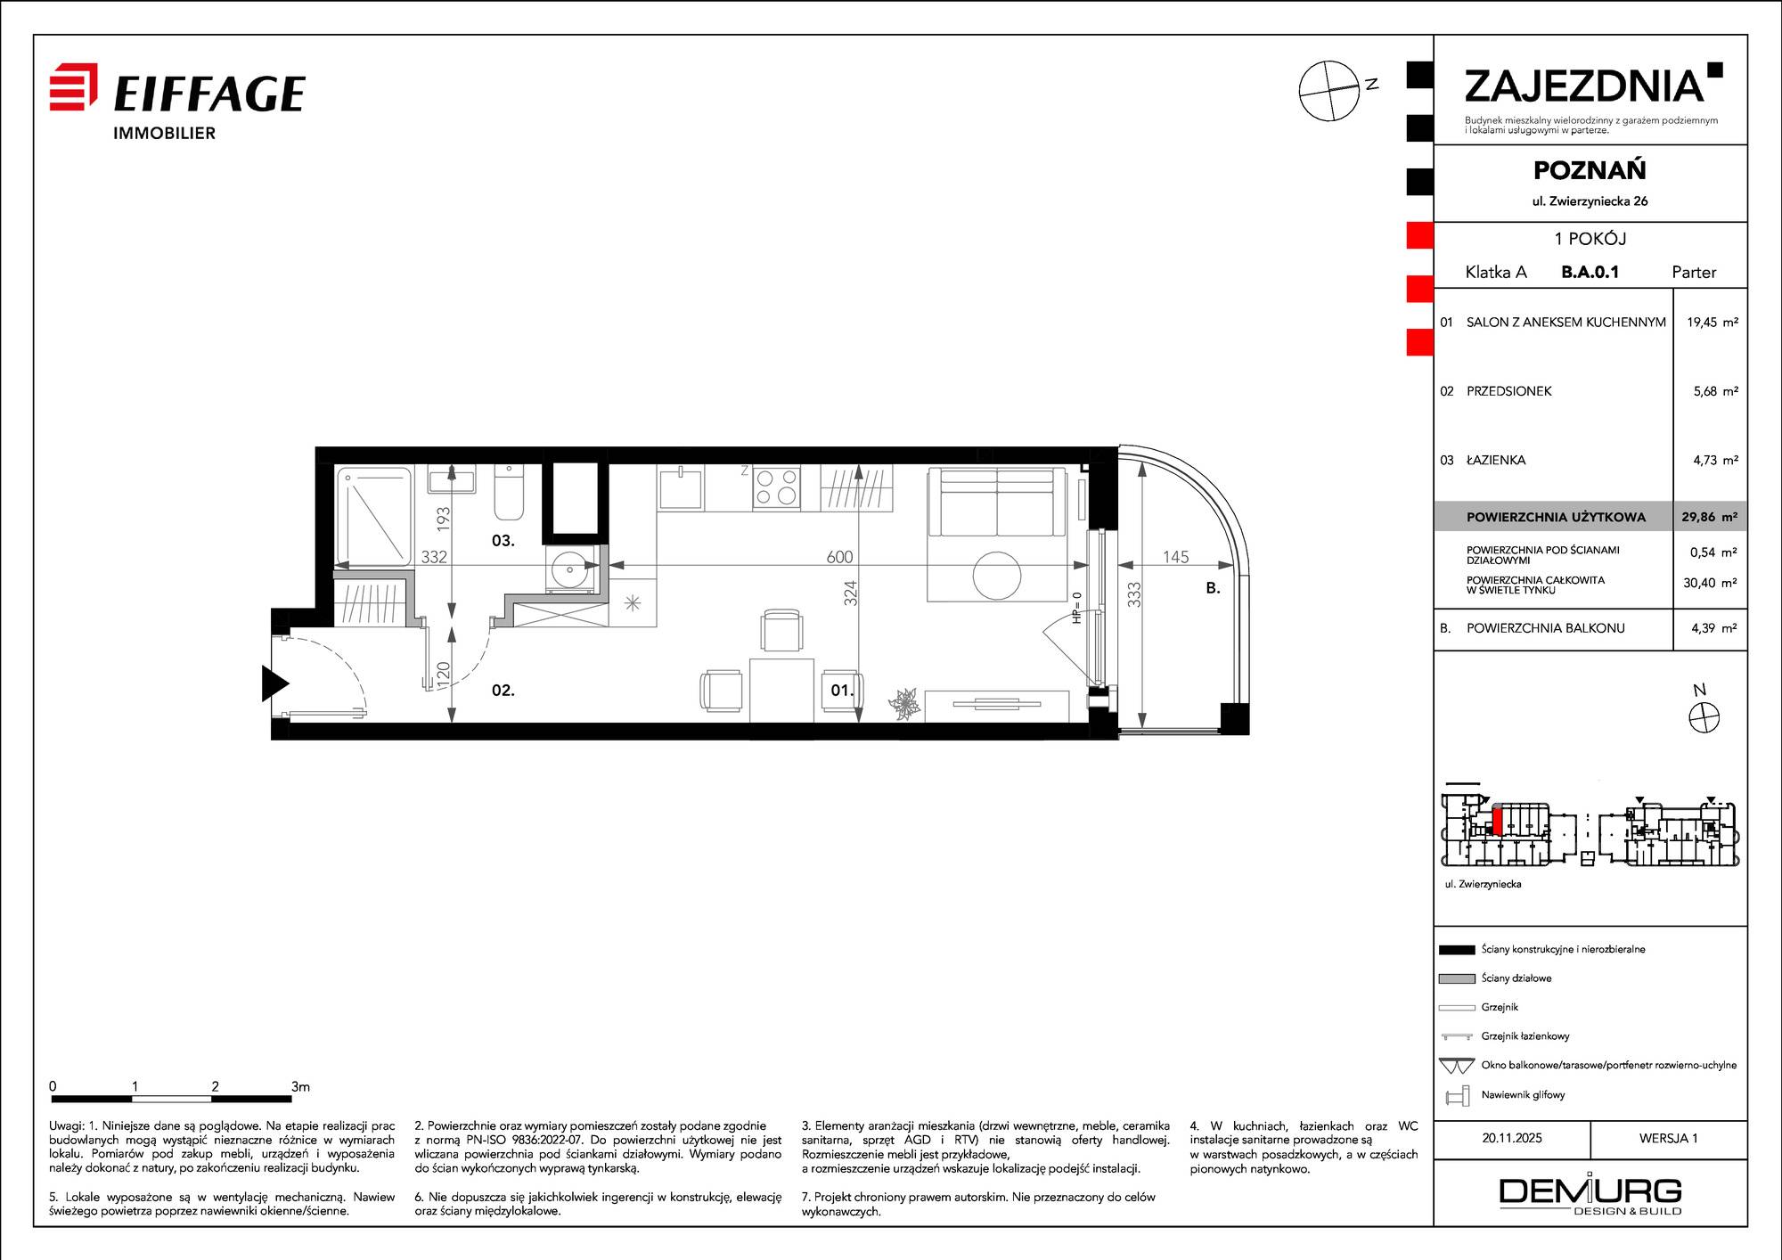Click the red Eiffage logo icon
(x=73, y=86)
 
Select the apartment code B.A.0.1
(x=1590, y=272)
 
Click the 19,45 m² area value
(x=1712, y=322)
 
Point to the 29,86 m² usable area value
(x=1709, y=517)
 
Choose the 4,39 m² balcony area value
(x=1714, y=628)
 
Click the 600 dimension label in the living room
(x=839, y=557)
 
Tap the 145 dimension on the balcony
(x=1175, y=557)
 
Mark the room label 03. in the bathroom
(x=503, y=540)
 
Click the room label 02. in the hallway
(x=503, y=690)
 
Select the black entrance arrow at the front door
(x=274, y=683)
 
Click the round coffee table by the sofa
(x=996, y=576)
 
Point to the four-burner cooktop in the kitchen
(x=776, y=487)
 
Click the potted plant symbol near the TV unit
(x=904, y=703)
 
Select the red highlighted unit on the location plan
(x=1498, y=820)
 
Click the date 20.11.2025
(x=1512, y=1138)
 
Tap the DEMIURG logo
(x=1590, y=1195)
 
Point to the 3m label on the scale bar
(x=300, y=1086)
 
